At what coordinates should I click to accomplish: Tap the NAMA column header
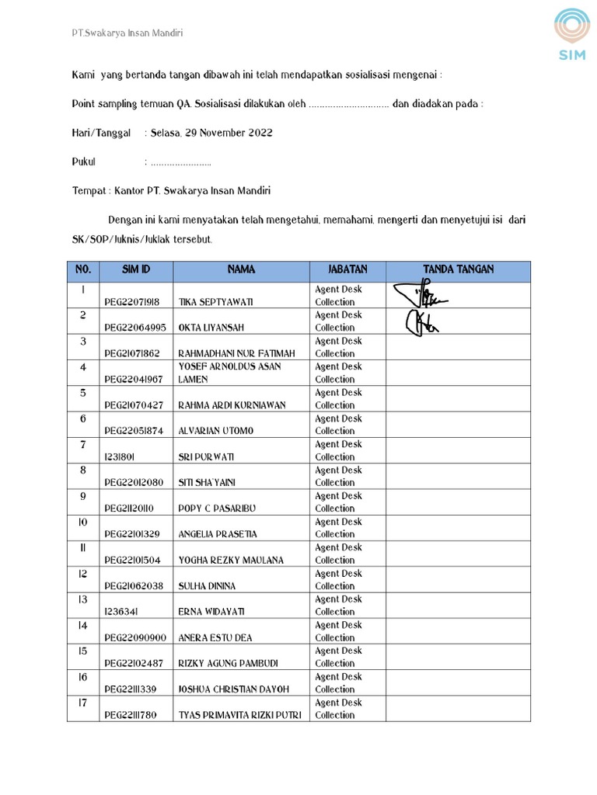241,269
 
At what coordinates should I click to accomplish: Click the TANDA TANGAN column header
458,269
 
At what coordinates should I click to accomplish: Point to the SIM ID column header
135,269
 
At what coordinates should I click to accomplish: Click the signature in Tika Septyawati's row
421,295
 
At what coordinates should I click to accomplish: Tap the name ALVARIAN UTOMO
217,431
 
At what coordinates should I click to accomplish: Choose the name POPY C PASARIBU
217,509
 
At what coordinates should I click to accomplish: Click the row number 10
83,522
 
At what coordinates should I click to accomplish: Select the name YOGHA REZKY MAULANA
231,560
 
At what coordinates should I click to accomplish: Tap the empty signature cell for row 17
458,709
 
